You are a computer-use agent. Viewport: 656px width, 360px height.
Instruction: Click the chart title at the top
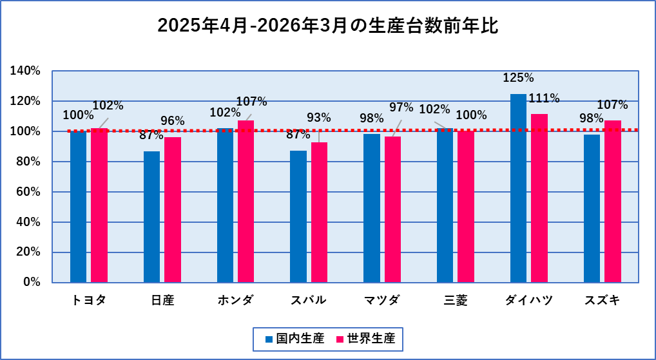click(x=328, y=27)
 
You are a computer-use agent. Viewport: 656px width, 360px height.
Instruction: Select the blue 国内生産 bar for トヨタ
click(x=78, y=206)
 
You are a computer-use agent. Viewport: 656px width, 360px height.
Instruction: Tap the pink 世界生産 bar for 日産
click(x=173, y=209)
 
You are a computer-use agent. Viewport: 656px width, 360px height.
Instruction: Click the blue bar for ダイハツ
click(x=518, y=188)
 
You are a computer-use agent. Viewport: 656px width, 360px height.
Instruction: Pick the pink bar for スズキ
click(x=613, y=201)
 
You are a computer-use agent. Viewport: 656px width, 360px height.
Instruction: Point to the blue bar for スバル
click(x=298, y=216)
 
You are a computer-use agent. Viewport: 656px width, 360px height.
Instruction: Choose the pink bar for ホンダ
click(x=246, y=201)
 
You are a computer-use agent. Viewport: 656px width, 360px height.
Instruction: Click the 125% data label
click(x=518, y=78)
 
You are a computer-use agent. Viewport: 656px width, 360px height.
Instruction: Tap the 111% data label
click(x=544, y=99)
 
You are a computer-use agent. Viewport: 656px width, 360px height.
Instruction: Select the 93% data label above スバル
click(x=318, y=117)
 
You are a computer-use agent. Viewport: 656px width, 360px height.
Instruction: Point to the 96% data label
click(x=173, y=120)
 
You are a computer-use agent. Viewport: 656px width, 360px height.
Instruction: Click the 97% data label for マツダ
click(x=401, y=106)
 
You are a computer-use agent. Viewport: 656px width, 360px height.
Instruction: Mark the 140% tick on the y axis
click(x=26, y=71)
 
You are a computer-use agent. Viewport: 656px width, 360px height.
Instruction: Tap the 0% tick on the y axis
click(x=32, y=282)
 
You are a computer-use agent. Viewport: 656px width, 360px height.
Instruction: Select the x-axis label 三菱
click(x=455, y=300)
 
